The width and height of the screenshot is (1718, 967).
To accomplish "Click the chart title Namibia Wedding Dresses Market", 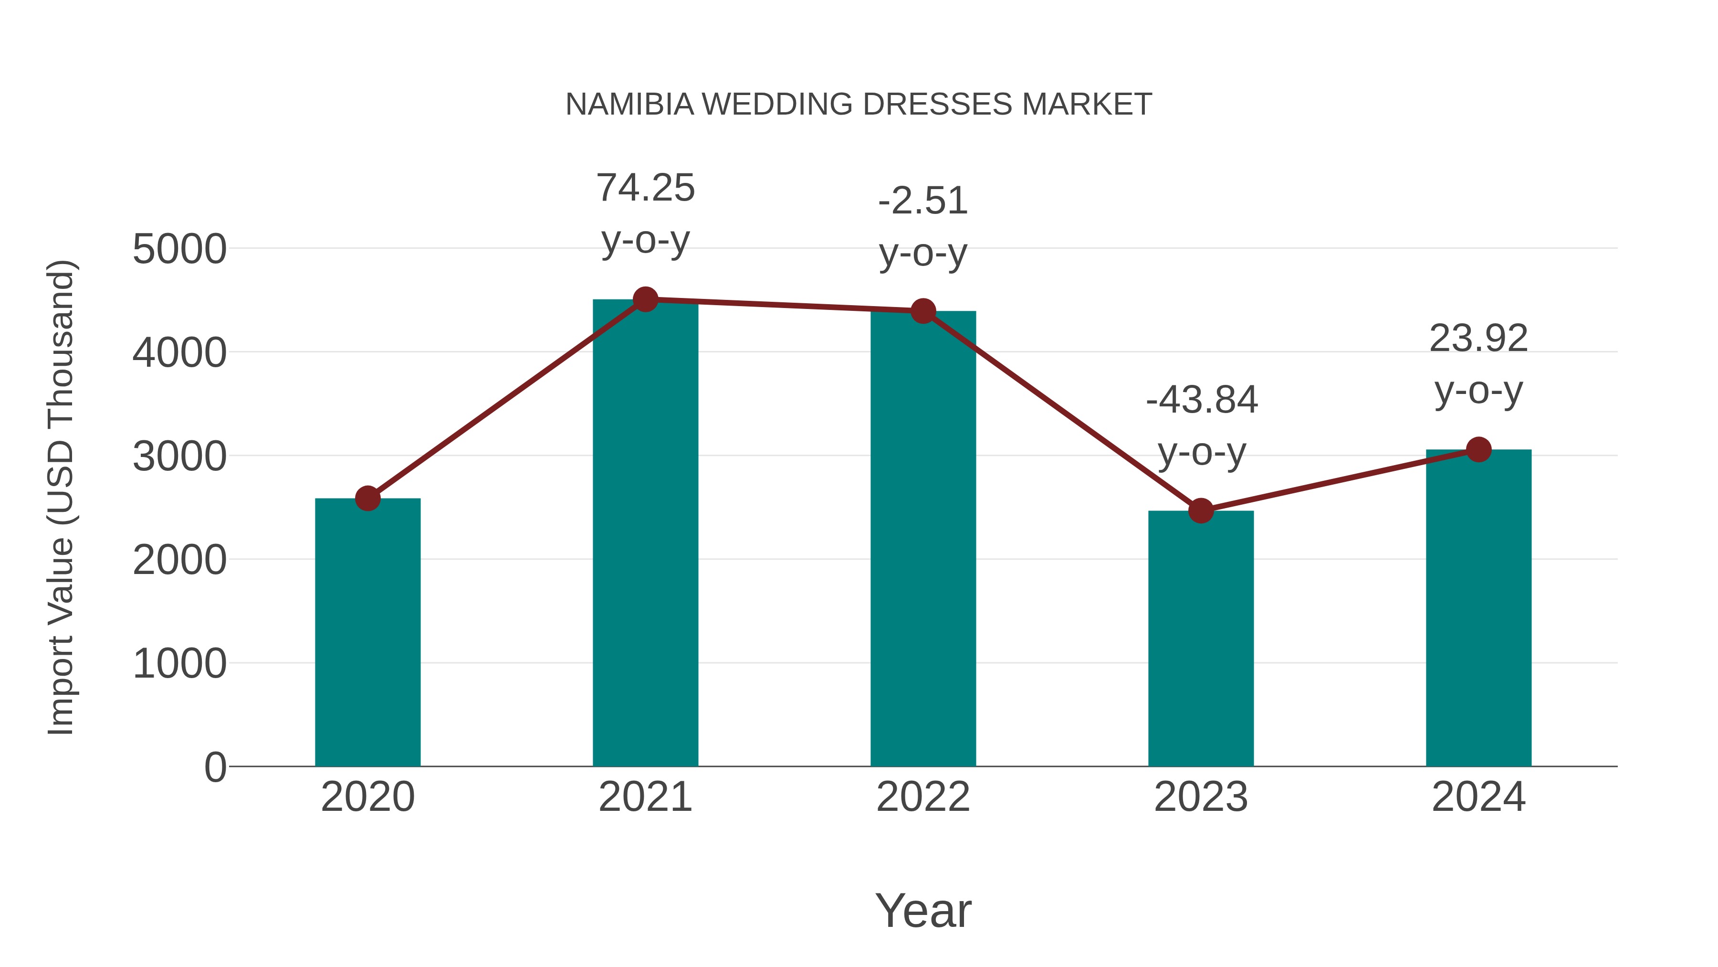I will tap(859, 105).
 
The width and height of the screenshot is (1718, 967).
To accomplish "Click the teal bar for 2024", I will tap(1478, 607).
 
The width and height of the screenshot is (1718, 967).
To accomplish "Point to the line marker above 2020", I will tap(367, 498).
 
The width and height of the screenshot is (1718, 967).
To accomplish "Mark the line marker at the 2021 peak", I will tap(645, 299).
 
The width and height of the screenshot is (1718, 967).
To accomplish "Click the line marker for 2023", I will tap(1201, 510).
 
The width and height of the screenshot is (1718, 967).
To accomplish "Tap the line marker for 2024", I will tap(1478, 449).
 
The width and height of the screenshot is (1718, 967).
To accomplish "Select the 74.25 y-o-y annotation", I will tap(645, 213).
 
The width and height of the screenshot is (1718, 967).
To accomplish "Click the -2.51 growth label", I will tap(923, 227).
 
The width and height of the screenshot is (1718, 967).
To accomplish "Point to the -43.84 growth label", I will tap(1201, 426).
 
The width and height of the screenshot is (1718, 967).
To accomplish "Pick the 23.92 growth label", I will tap(1478, 364).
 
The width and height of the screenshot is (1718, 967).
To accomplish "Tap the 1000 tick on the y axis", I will tap(179, 664).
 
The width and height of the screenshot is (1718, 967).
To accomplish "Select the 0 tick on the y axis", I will tap(215, 767).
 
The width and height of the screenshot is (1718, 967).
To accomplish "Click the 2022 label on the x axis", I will tap(923, 797).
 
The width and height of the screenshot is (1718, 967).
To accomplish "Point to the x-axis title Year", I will tap(923, 910).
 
